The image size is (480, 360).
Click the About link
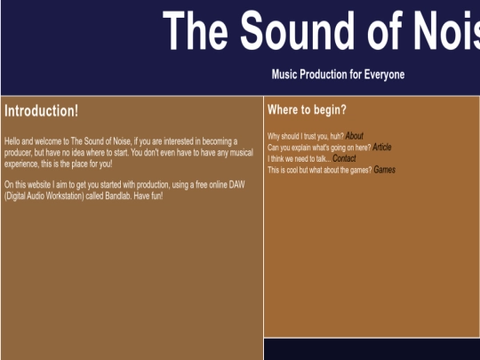coord(354,136)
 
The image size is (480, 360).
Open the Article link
coord(381,148)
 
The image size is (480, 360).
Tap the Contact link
coord(344,158)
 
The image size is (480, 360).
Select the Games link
coord(384,170)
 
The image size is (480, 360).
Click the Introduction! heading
coord(41,111)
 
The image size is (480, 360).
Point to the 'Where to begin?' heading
coord(307,110)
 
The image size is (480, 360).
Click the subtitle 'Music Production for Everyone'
coord(338,75)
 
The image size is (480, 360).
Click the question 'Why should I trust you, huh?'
coord(305,136)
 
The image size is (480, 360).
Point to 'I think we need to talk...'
coord(299,159)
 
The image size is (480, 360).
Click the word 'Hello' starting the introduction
coord(13,141)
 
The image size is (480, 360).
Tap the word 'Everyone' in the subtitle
coord(385,75)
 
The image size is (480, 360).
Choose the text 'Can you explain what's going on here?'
coord(318,148)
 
